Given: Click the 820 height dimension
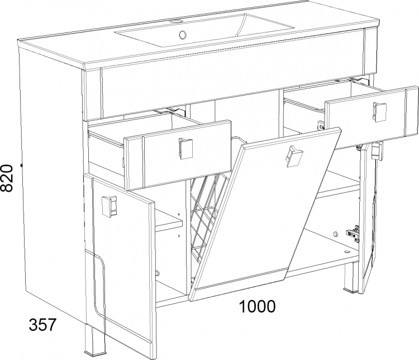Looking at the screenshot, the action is point(6,178).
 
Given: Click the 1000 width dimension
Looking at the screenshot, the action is point(257,306).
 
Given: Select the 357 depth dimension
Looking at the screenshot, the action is point(43,325).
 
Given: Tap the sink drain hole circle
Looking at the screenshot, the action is point(183,34).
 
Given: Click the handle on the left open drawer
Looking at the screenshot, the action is point(185,149).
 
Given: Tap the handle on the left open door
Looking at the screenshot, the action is point(109,206).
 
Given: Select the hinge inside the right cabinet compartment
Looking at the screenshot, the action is point(353,234).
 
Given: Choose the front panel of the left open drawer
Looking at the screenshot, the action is point(178,155).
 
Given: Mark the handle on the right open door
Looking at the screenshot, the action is point(377,151).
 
